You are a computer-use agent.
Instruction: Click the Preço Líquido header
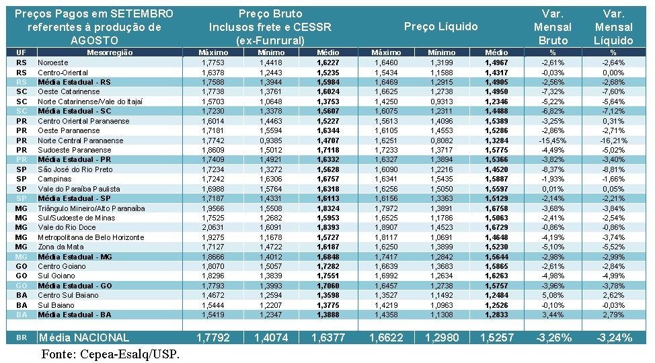(440, 27)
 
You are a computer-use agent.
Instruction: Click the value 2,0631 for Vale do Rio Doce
(213, 228)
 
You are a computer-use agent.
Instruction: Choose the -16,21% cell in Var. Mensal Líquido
(613, 140)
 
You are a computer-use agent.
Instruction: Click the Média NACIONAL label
(83, 337)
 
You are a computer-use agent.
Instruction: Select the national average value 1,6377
(327, 337)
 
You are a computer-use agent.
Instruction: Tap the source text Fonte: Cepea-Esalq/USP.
(110, 354)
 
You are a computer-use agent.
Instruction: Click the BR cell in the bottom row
(22, 337)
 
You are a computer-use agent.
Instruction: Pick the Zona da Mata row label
(61, 247)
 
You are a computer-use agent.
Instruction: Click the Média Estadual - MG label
(75, 257)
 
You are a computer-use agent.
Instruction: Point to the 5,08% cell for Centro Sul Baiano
(555, 296)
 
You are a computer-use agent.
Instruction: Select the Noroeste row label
(53, 63)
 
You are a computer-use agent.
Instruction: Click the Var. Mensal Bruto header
(552, 27)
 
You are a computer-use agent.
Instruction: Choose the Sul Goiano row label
(56, 276)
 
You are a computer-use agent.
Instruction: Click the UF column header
(22, 52)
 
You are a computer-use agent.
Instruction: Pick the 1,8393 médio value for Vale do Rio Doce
(327, 228)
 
